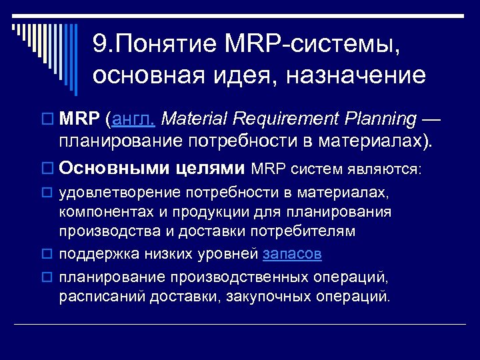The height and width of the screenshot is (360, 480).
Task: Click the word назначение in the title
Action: [356, 75]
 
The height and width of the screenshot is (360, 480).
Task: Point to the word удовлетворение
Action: [109, 193]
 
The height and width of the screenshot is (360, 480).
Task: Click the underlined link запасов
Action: [293, 254]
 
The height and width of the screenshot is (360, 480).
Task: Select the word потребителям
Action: [308, 231]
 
